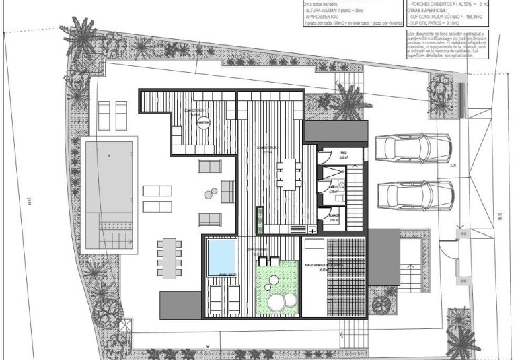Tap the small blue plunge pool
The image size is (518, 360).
(221, 256)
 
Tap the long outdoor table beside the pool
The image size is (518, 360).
(169, 258)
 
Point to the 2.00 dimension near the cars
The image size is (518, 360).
(453, 165)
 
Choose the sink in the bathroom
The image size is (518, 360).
(341, 184)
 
